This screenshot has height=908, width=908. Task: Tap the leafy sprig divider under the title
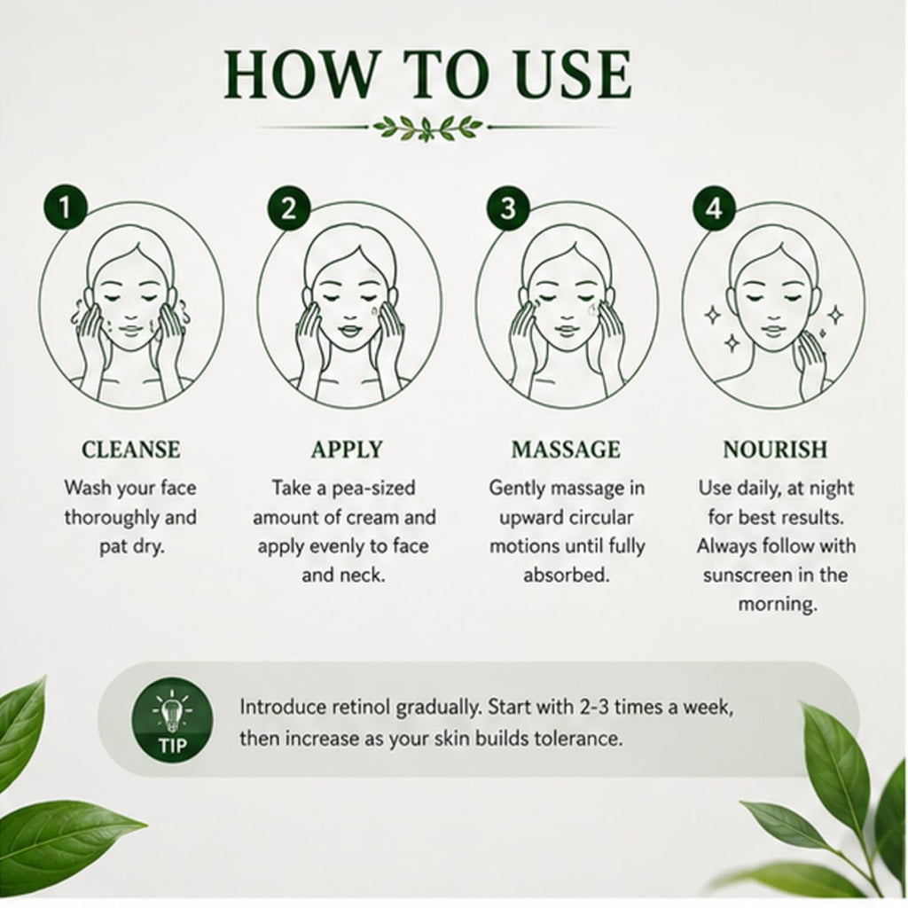[428, 127]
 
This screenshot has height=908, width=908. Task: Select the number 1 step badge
[65, 207]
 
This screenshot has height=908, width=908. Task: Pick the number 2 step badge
[288, 207]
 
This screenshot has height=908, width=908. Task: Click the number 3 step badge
[508, 207]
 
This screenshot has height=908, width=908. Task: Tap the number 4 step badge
[715, 207]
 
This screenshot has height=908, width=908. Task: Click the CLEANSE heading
[131, 450]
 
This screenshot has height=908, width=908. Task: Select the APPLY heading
[347, 450]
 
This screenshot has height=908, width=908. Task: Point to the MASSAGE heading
[566, 450]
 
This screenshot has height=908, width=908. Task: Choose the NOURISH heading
[775, 450]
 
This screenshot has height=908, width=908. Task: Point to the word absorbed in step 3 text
[567, 575]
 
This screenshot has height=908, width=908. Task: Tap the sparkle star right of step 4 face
[834, 315]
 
